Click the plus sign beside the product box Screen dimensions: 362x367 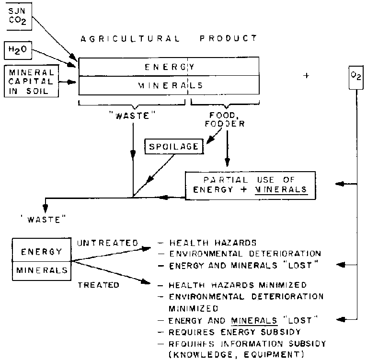[x=306, y=75]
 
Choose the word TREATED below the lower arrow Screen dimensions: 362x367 [x=99, y=285]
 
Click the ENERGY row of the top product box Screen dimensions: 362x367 [x=169, y=67]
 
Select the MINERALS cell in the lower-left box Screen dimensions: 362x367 [x=42, y=270]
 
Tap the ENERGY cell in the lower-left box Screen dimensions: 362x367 [x=42, y=252]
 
